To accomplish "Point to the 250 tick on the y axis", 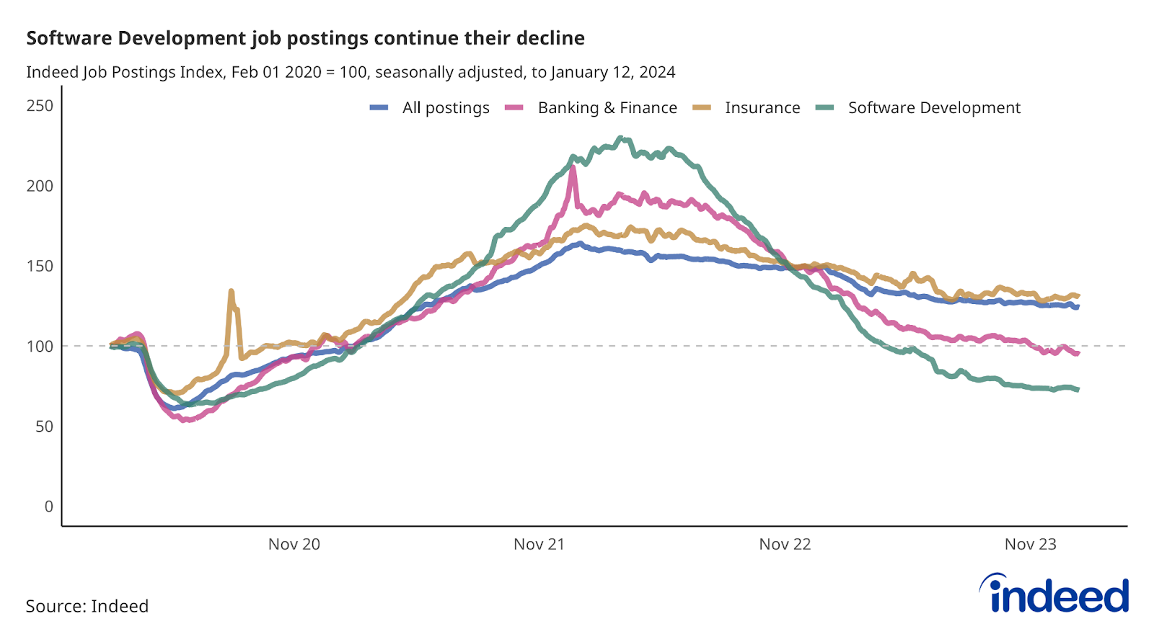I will pyautogui.click(x=40, y=106).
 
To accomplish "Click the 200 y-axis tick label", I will pyautogui.click(x=40, y=186).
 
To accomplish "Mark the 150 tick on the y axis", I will pyautogui.click(x=40, y=266).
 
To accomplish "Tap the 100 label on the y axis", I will pyautogui.click(x=40, y=346).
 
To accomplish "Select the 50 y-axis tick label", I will pyautogui.click(x=43, y=426).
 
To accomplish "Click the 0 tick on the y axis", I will pyautogui.click(x=48, y=507).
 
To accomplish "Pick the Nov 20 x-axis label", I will pyautogui.click(x=294, y=545).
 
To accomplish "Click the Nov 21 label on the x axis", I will pyautogui.click(x=539, y=545).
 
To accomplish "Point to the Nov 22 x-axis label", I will pyautogui.click(x=785, y=545).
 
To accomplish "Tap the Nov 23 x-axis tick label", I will pyautogui.click(x=1030, y=545).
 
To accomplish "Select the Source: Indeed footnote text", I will pyautogui.click(x=87, y=606).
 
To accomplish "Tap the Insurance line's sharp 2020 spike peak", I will pyautogui.click(x=231, y=291).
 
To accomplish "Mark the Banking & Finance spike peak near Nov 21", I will pyautogui.click(x=573, y=167).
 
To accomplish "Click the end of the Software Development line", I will pyautogui.click(x=1078, y=390).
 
